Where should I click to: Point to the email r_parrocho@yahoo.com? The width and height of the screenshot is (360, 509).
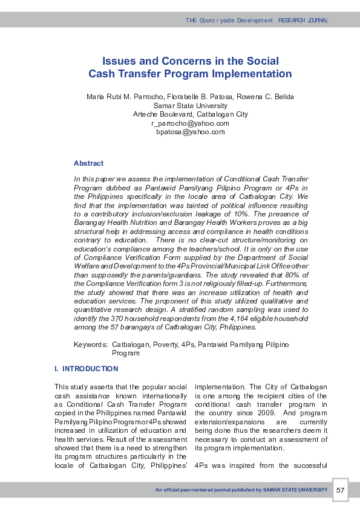tap(190, 123)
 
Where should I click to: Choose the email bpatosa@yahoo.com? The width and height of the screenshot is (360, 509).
tap(190, 132)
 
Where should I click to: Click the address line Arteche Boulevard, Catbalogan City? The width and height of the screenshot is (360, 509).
tap(190, 114)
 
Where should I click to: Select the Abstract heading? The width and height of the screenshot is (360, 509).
tap(88, 163)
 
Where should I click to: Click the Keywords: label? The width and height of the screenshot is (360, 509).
tap(91, 344)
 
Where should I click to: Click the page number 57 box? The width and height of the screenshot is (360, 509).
tap(340, 490)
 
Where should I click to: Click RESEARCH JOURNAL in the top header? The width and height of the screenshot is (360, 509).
tap(303, 21)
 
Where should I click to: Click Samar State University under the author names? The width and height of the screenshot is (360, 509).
tap(190, 106)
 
